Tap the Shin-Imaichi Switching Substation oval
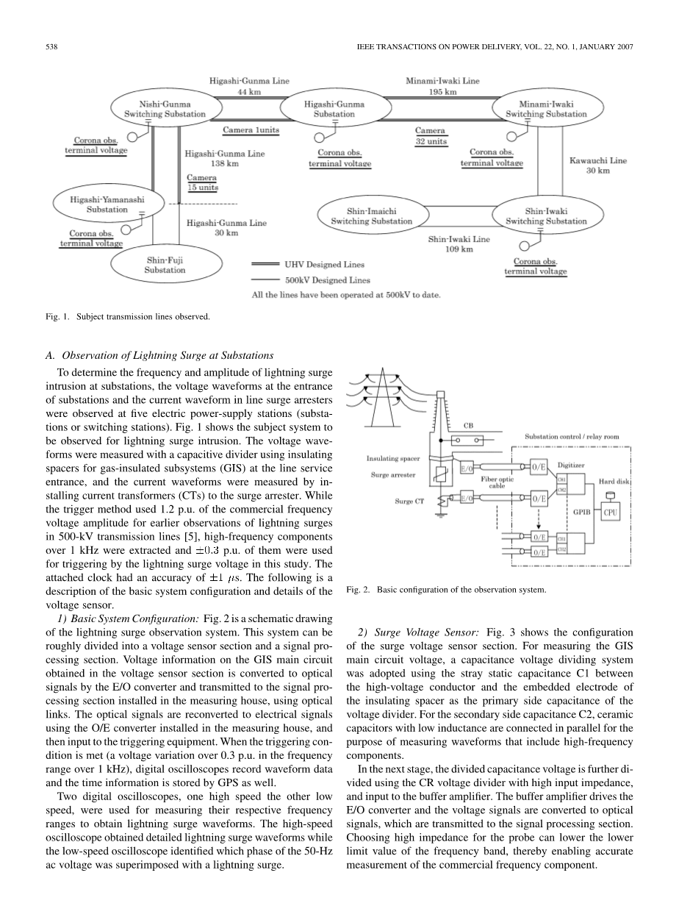coord(371,215)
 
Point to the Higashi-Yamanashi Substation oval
coord(107,204)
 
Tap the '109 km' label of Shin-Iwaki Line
coord(461,249)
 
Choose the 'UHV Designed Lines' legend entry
coord(323,265)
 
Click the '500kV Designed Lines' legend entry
coord(327,279)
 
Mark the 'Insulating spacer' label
coord(392,458)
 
